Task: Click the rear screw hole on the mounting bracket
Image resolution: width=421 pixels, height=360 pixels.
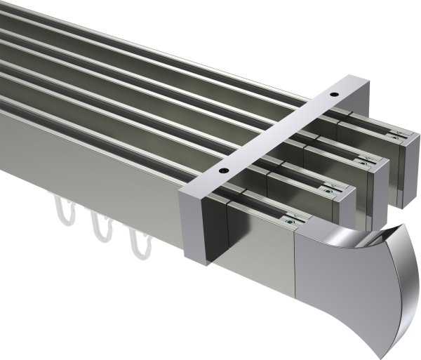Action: coord(335,94)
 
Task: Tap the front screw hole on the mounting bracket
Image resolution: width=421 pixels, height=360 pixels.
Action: coord(223,170)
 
